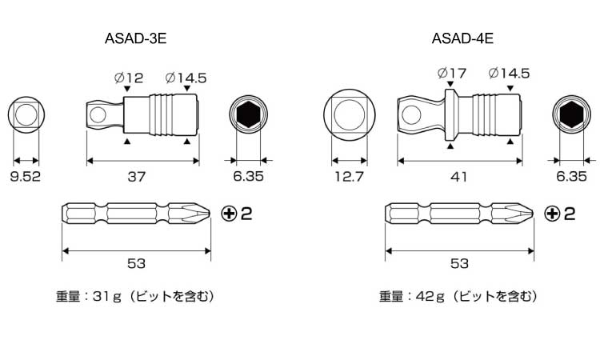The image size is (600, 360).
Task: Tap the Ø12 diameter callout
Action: click(x=128, y=78)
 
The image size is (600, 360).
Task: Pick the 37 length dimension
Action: click(x=137, y=177)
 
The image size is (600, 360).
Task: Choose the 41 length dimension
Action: click(x=458, y=177)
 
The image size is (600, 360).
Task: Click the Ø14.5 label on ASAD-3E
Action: click(x=186, y=78)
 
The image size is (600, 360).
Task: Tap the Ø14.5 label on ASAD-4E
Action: click(x=509, y=74)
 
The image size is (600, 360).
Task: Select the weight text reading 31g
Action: click(x=136, y=296)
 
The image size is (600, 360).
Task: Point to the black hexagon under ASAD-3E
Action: click(x=248, y=116)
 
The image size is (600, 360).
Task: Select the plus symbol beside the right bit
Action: click(x=551, y=214)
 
